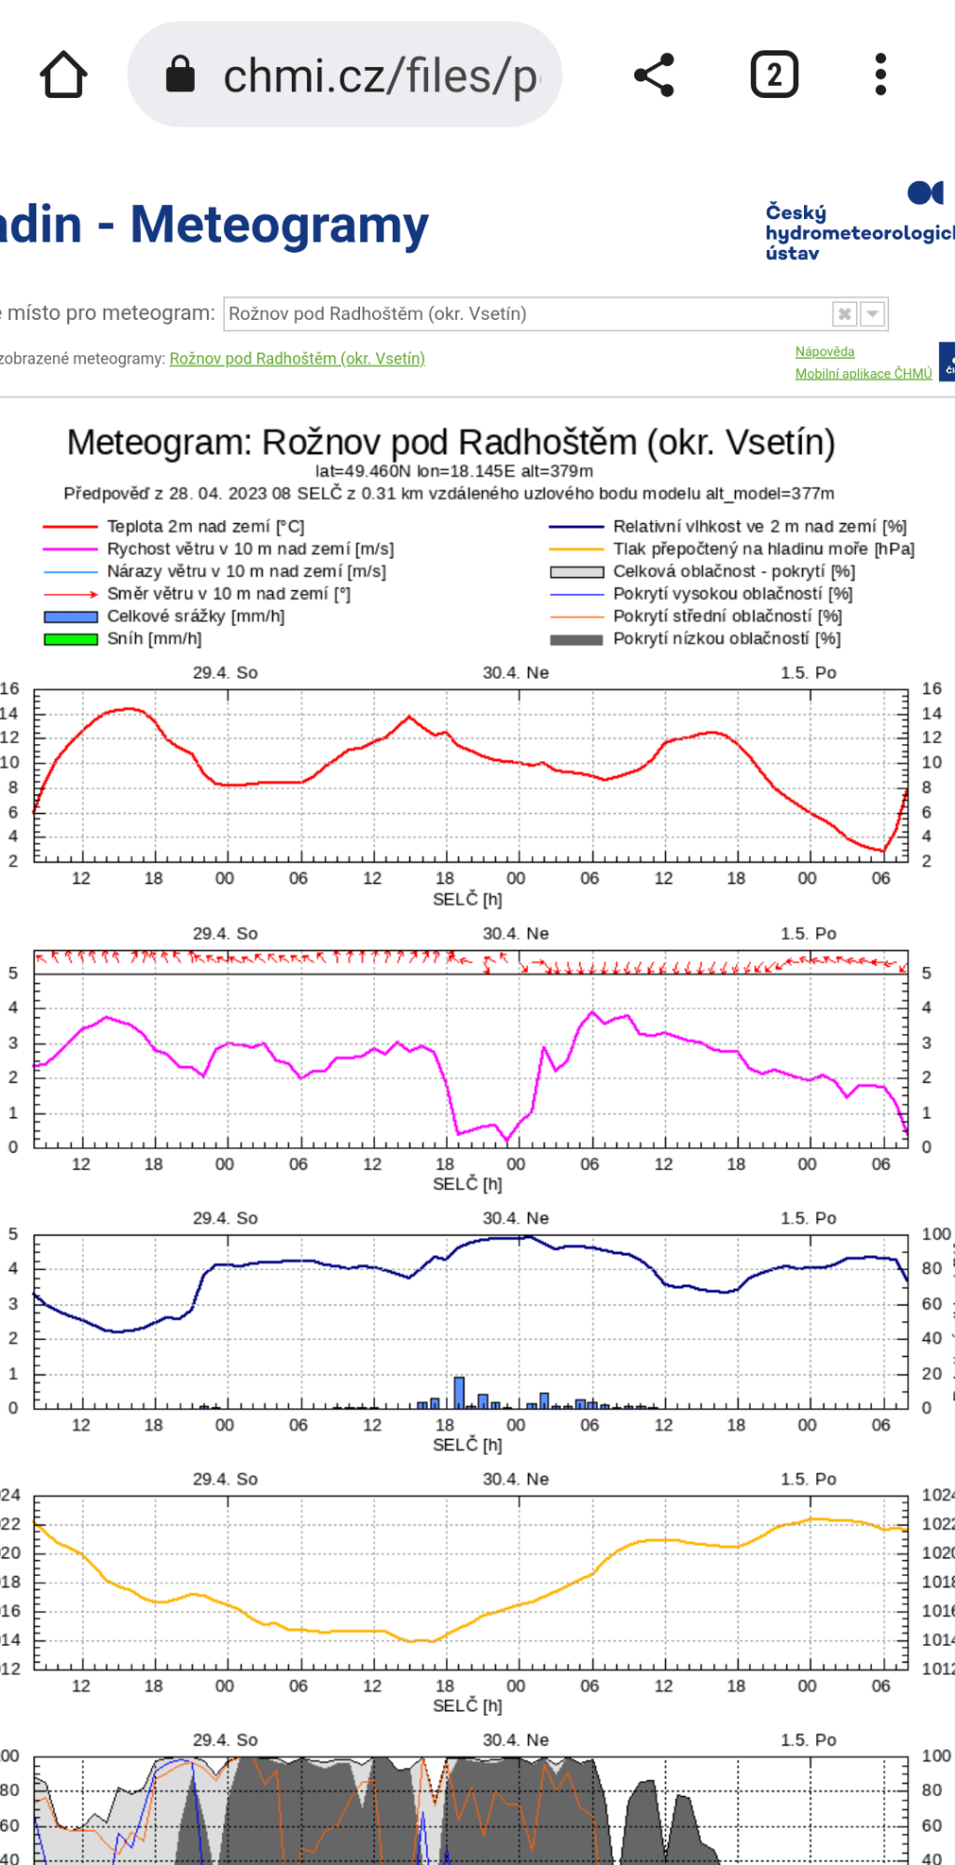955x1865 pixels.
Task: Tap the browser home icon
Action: click(x=63, y=75)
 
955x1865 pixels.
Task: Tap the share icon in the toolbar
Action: click(x=654, y=75)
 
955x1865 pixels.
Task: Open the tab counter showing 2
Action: click(x=774, y=75)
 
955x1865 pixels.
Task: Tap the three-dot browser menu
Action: click(x=880, y=75)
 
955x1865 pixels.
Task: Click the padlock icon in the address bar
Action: click(x=180, y=75)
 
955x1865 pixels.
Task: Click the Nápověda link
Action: click(x=824, y=352)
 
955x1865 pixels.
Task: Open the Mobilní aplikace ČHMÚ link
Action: click(x=863, y=374)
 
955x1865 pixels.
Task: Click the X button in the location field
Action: click(x=844, y=313)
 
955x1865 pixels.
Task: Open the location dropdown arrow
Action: click(x=872, y=313)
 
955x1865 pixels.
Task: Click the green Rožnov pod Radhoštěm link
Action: click(x=297, y=359)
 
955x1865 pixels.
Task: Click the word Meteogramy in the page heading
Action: click(x=279, y=226)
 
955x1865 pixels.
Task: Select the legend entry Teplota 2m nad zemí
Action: click(x=205, y=527)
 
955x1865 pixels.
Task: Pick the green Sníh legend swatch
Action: click(x=71, y=639)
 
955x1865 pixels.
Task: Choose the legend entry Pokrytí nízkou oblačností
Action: click(x=727, y=639)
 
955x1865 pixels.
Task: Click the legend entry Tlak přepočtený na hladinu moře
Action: click(x=763, y=549)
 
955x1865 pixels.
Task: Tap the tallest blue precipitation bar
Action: click(x=459, y=1392)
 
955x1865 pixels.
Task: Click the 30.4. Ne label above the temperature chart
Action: click(x=515, y=672)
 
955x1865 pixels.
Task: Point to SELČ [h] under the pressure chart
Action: click(x=467, y=1706)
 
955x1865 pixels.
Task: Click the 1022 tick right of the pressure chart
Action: click(x=937, y=1524)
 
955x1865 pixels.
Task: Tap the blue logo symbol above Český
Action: click(x=925, y=192)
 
